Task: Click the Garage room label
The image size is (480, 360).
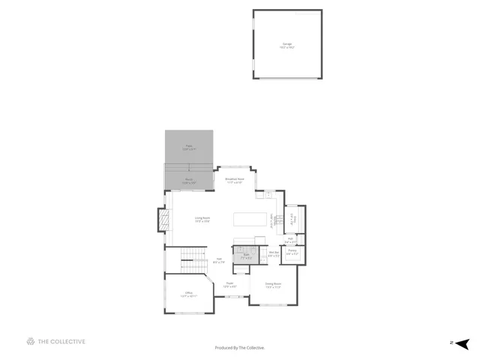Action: click(x=288, y=46)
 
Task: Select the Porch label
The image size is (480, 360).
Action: click(x=189, y=180)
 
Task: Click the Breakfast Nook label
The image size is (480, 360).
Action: click(x=235, y=181)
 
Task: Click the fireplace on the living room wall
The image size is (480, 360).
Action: click(x=160, y=220)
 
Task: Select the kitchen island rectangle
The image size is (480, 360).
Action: click(x=250, y=220)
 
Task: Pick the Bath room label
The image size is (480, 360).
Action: click(x=244, y=256)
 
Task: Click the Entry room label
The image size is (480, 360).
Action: click(x=293, y=220)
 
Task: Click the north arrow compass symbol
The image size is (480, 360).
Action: click(x=463, y=343)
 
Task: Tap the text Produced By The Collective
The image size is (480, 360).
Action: click(x=240, y=347)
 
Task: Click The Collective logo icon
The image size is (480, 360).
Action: click(x=31, y=342)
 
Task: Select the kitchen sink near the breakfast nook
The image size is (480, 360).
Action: click(x=267, y=195)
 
